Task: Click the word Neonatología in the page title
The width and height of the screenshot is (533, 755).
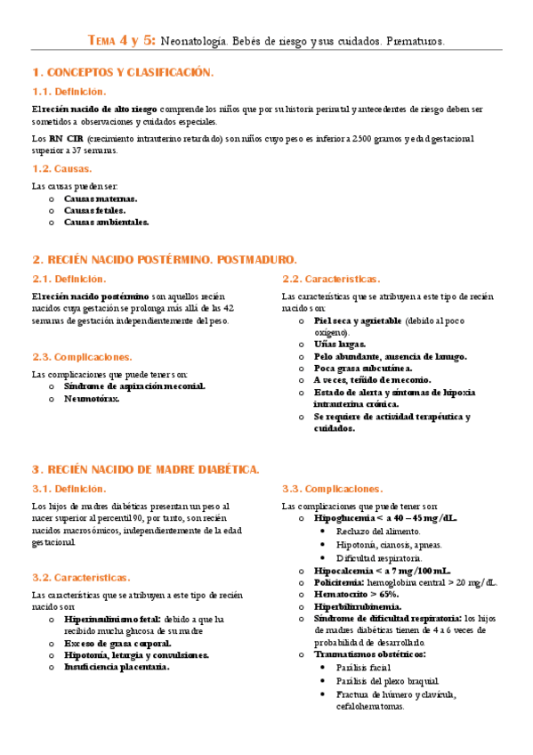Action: point(193,41)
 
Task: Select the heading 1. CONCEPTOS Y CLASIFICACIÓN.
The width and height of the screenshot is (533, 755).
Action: point(123,71)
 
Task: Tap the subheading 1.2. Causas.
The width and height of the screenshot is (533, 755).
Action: point(61,167)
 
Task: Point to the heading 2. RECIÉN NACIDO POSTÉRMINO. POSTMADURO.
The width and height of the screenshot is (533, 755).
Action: point(165,259)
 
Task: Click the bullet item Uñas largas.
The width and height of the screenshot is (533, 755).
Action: point(340,344)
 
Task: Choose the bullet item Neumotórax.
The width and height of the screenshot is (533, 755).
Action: point(92,399)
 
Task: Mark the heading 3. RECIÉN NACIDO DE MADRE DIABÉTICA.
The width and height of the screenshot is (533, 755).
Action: point(146,469)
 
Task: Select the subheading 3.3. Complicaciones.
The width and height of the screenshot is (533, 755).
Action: point(332,489)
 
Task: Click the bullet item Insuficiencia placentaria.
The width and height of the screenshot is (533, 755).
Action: point(117,666)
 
